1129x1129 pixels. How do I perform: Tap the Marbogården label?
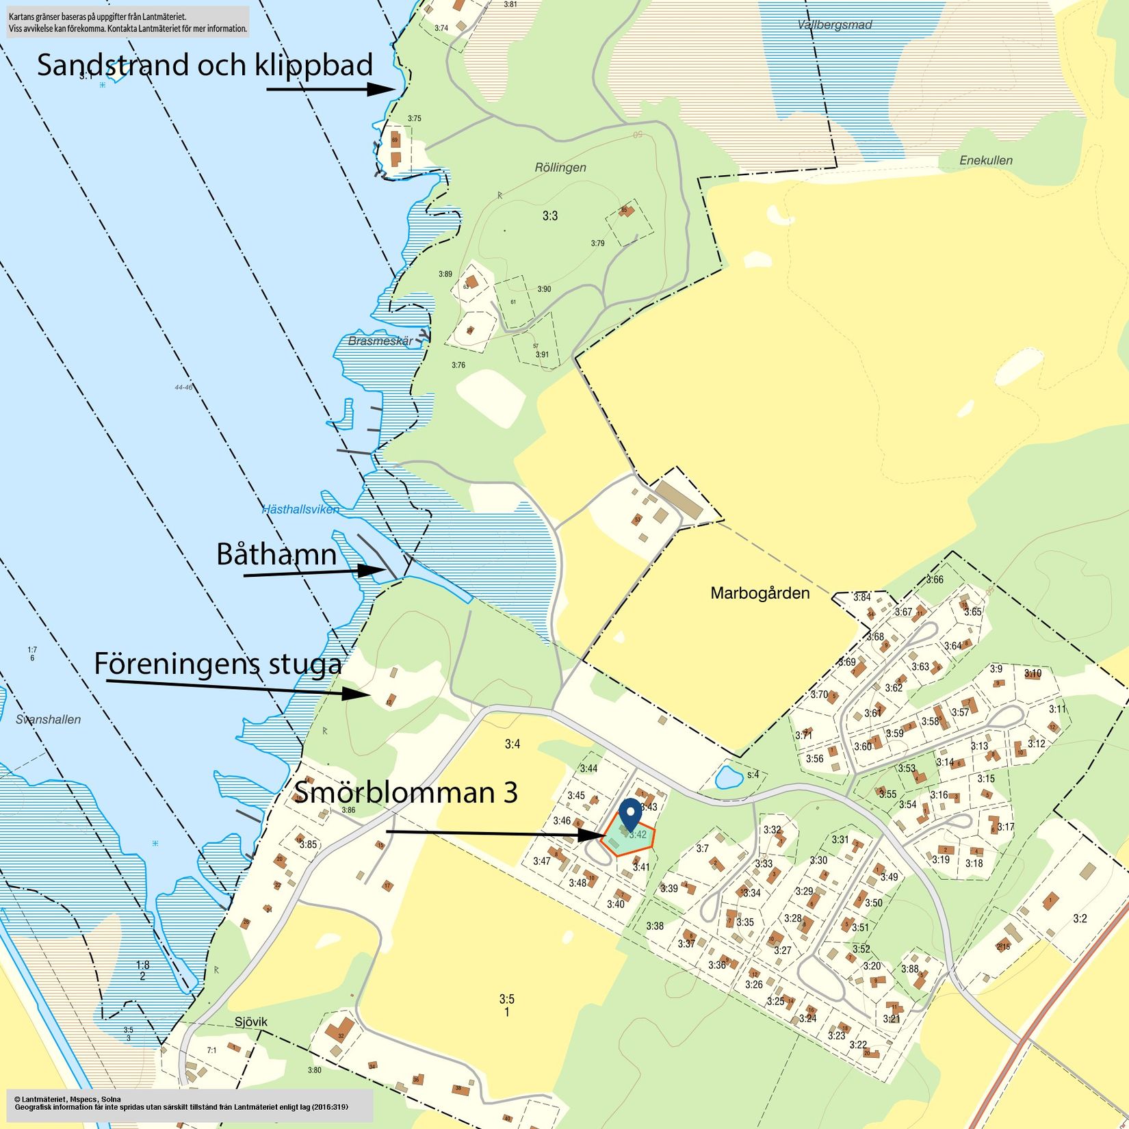pyautogui.click(x=760, y=593)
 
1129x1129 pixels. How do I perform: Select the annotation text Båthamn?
pyautogui.click(x=276, y=554)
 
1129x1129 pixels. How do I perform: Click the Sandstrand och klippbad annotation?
pyautogui.click(x=205, y=66)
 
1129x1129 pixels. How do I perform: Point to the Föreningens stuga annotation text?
pyautogui.click(x=218, y=664)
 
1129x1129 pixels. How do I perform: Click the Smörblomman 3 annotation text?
pyautogui.click(x=406, y=792)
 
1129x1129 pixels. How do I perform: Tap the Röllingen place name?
pyautogui.click(x=560, y=168)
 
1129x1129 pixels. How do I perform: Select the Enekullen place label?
pyautogui.click(x=985, y=160)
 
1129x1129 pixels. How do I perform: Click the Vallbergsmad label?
pyautogui.click(x=834, y=25)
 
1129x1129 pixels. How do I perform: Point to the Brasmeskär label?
pyautogui.click(x=380, y=341)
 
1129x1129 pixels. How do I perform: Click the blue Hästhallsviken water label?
pyautogui.click(x=300, y=509)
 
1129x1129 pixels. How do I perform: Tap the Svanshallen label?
pyautogui.click(x=48, y=719)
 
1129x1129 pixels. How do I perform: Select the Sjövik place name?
pyautogui.click(x=250, y=1022)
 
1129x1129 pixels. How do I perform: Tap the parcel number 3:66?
pyautogui.click(x=934, y=580)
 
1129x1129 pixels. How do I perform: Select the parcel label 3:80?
pyautogui.click(x=314, y=1070)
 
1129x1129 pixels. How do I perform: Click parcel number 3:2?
pyautogui.click(x=1079, y=918)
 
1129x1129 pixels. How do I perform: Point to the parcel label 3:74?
pyautogui.click(x=441, y=28)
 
